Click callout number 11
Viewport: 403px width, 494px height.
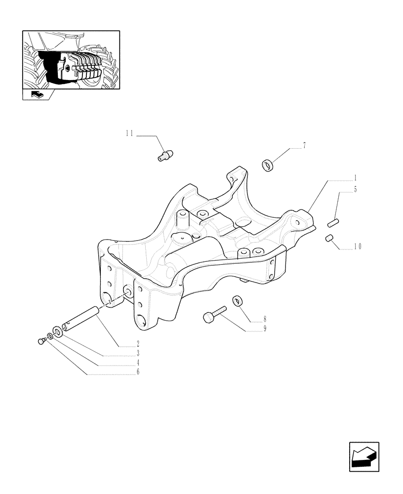(x=129, y=133)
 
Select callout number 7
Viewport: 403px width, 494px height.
(x=304, y=145)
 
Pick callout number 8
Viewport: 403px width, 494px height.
(x=265, y=319)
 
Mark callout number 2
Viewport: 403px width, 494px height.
(x=138, y=344)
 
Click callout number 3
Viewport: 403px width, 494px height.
(x=138, y=354)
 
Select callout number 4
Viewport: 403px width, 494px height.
(x=138, y=363)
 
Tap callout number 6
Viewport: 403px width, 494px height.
(x=138, y=372)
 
